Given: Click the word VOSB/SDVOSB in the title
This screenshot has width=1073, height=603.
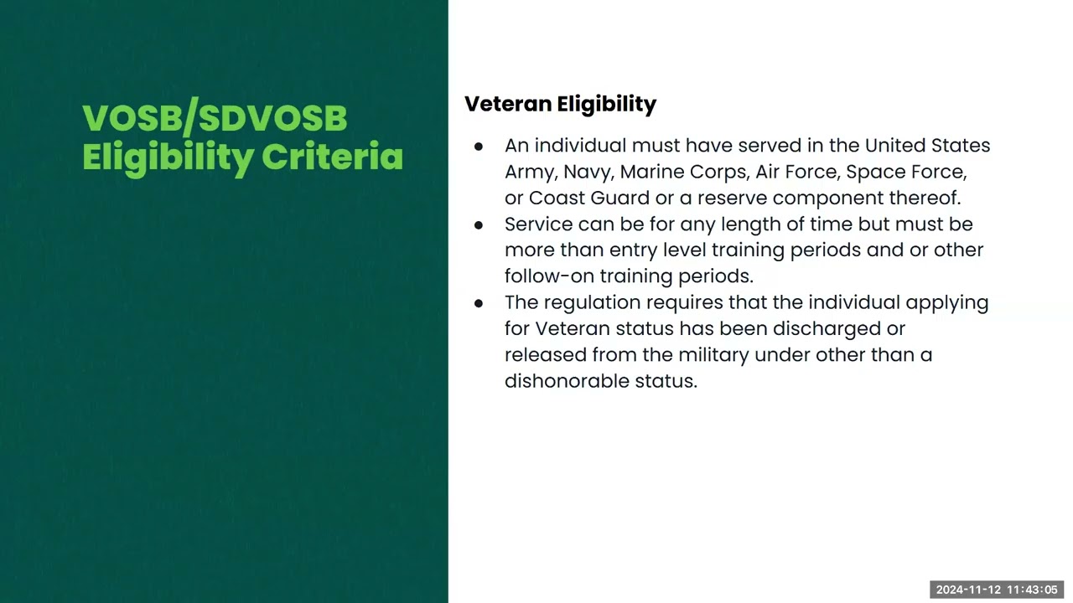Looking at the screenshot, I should pyautogui.click(x=215, y=118).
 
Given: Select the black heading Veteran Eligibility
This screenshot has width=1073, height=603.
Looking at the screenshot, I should pyautogui.click(x=560, y=104).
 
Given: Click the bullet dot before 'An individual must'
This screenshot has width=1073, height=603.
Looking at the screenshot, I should pyautogui.click(x=479, y=147).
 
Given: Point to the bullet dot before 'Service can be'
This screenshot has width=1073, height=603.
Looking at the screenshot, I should pyautogui.click(x=479, y=225).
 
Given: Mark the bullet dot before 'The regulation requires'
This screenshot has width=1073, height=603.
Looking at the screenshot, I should pyautogui.click(x=479, y=303).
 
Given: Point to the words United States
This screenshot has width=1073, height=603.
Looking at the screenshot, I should pyautogui.click(x=927, y=146).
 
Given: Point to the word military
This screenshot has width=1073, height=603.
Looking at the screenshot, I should pyautogui.click(x=713, y=354).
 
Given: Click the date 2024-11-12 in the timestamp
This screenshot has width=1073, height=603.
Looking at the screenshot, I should pyautogui.click(x=969, y=590).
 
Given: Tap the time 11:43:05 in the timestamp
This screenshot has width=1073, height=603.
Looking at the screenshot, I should pyautogui.click(x=1033, y=590).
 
